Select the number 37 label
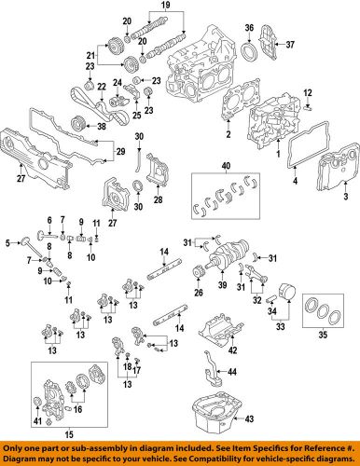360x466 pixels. (290, 45)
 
